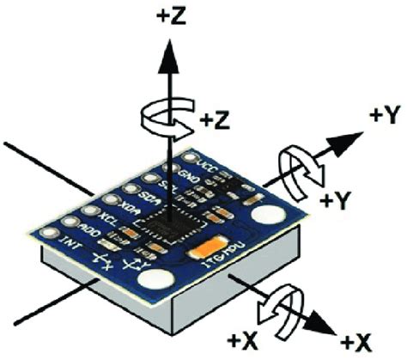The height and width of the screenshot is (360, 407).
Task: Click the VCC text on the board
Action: pyautogui.click(x=207, y=160)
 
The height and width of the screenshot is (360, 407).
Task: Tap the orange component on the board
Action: pyautogui.click(x=212, y=250)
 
